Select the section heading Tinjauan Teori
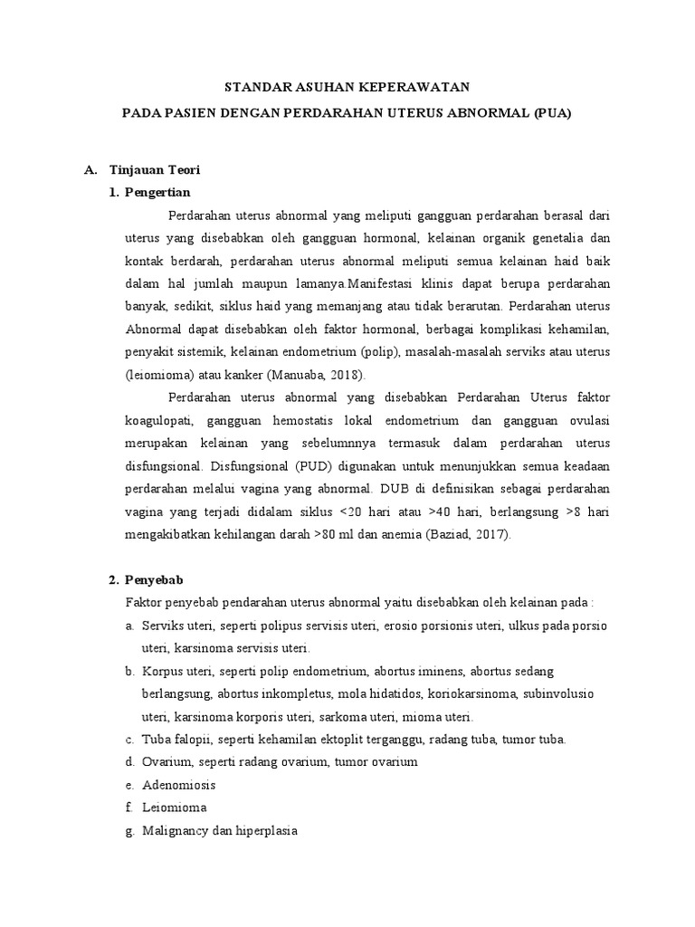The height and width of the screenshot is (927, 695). pyautogui.click(x=155, y=169)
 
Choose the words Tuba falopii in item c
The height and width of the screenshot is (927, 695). pyautogui.click(x=176, y=739)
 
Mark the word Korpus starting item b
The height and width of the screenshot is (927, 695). pyautogui.click(x=160, y=671)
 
